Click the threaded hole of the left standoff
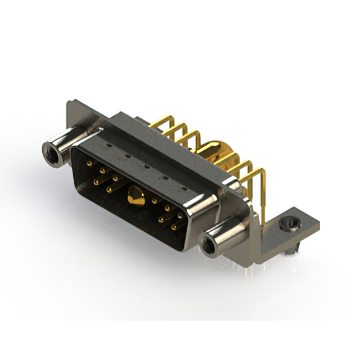51,150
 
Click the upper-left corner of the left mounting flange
69,103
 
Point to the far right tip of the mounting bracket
318,226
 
